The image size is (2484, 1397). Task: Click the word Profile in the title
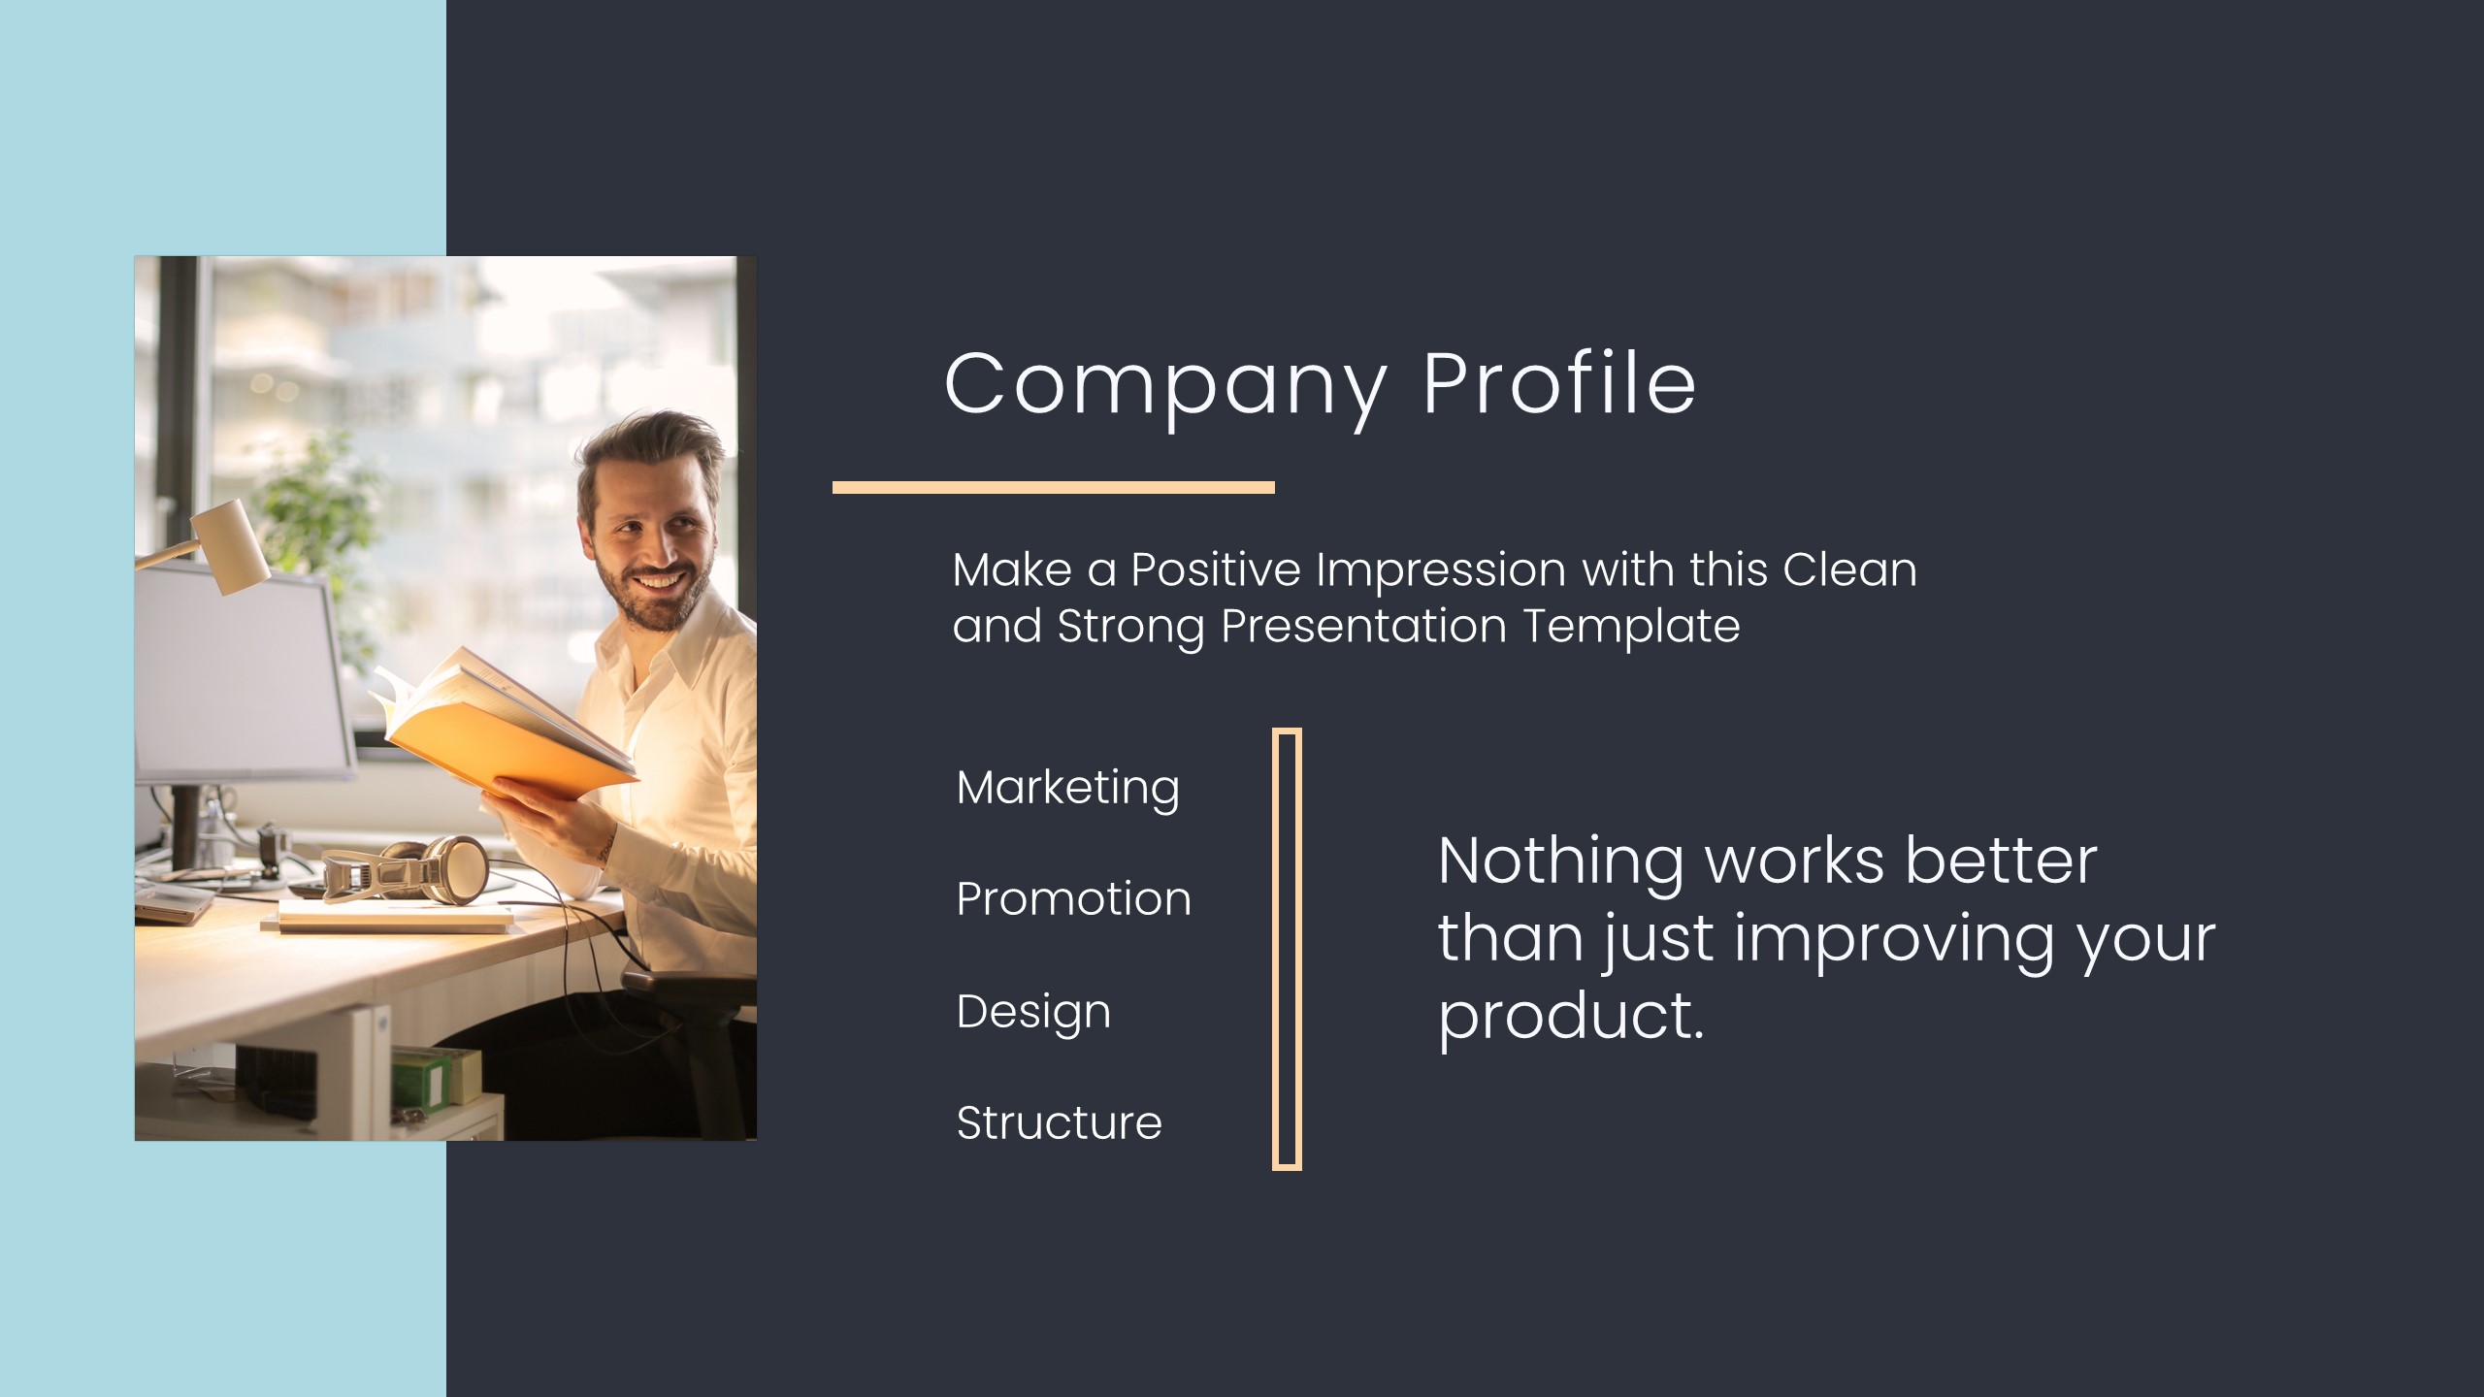[1560, 381]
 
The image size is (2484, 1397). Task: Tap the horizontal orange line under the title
[1054, 487]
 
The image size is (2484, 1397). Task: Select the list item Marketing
[1068, 789]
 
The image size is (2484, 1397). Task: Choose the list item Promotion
[1074, 898]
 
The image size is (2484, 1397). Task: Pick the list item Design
[1033, 1013]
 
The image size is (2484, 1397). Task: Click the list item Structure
[1060, 1122]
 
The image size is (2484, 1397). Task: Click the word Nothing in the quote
[1561, 862]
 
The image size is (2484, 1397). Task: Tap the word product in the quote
[1571, 1017]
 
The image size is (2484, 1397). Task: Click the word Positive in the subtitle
[1216, 569]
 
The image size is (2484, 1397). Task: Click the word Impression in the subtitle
[1441, 570]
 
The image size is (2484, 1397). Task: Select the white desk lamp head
[231, 545]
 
